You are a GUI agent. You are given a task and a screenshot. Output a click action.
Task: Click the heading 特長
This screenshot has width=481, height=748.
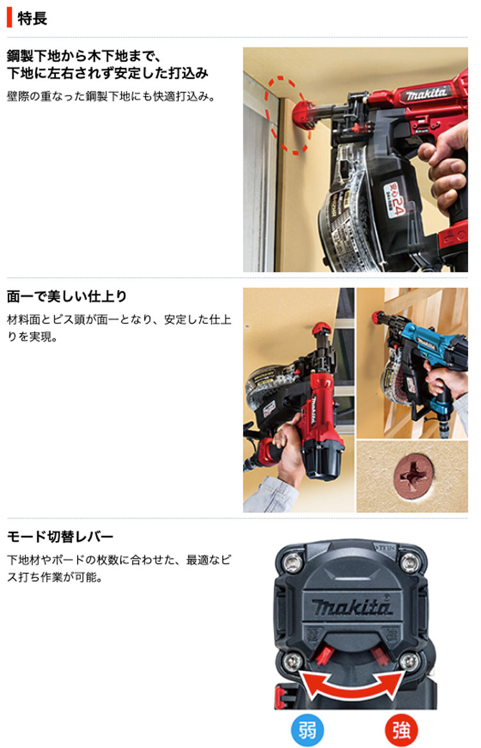point(32,19)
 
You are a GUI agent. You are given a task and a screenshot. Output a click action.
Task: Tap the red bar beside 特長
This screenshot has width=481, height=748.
point(9,18)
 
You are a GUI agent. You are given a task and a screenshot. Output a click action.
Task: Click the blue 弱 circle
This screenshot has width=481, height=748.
point(307,730)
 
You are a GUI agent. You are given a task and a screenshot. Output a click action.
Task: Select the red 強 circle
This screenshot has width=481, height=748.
point(401,730)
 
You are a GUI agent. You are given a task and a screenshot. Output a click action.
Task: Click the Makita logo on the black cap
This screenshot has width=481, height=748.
point(352,607)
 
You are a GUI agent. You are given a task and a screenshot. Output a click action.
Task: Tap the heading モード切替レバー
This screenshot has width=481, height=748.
point(60,536)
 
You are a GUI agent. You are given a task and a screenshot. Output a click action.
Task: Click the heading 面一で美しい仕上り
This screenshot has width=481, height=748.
point(67,296)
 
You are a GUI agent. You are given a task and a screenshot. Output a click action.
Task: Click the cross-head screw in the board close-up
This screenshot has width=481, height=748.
point(414,475)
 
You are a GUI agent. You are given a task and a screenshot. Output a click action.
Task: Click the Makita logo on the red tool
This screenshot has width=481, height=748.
point(426,94)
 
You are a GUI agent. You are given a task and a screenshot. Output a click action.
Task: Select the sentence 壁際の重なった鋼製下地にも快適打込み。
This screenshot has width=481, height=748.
point(112,96)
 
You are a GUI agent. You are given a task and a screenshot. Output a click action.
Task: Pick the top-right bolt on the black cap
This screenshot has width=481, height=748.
point(410,563)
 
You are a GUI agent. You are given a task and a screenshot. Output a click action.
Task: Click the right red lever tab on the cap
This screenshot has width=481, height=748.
point(381,656)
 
